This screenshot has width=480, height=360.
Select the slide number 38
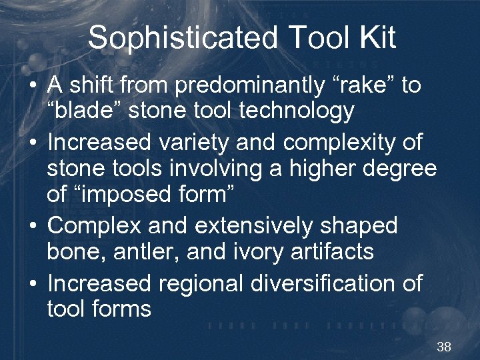pos(444,347)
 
